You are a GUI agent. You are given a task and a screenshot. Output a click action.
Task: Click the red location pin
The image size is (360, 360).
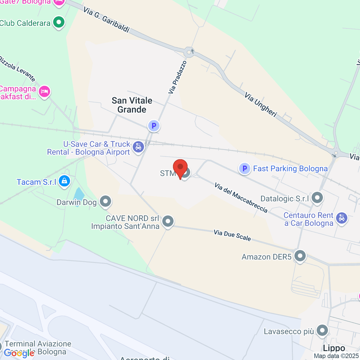(180, 168)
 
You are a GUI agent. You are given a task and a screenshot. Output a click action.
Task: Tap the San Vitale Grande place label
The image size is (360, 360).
(132, 105)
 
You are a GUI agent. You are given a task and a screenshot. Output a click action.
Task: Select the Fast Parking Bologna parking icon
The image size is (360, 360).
(244, 169)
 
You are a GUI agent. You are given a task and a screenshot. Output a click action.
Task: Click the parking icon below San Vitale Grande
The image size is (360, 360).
(154, 126)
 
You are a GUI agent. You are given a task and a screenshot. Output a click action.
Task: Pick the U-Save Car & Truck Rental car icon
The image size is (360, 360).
(138, 147)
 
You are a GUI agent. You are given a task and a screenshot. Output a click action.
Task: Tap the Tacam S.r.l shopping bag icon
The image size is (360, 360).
(64, 181)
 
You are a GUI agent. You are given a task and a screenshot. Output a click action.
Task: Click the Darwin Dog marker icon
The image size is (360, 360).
(105, 202)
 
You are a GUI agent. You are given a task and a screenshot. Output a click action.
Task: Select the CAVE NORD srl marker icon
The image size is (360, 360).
(168, 221)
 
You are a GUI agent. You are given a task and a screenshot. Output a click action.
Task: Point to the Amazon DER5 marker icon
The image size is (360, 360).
(300, 256)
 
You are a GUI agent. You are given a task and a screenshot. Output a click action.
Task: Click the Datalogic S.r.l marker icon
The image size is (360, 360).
(317, 197)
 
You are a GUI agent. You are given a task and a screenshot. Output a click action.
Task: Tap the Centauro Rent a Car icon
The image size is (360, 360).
(342, 218)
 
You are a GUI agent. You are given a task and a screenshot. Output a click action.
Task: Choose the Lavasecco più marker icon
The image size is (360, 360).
(322, 330)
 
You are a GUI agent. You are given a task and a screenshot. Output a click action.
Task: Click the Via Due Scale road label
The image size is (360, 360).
(232, 235)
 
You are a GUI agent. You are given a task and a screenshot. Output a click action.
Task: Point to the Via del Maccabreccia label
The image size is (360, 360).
(241, 198)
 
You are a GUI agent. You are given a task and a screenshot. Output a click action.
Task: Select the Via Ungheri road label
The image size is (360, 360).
(260, 104)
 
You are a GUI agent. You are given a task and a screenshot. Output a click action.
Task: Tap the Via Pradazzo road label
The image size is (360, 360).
(178, 77)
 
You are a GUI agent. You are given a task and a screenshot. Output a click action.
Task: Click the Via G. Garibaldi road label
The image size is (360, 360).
(106, 20)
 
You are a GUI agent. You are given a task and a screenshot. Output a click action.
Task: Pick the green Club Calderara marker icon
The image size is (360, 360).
(59, 22)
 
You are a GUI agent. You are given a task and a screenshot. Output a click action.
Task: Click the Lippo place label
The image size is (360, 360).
(334, 348)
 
